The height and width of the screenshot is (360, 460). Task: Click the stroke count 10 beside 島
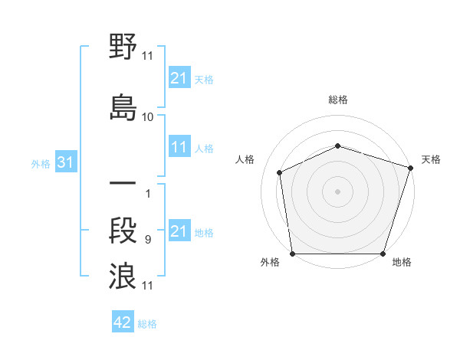coord(148,117)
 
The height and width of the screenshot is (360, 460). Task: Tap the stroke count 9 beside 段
coord(148,240)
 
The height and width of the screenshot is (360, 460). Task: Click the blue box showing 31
coord(65,163)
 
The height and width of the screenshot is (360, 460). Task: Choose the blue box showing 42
coord(122,322)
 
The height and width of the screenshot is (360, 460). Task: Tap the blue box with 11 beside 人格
coord(179,148)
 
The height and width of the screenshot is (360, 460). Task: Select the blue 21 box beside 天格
coord(179,78)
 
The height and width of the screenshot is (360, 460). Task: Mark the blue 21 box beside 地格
coord(179,231)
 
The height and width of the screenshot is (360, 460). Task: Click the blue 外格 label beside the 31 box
coord(41,164)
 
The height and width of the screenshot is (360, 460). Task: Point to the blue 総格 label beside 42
coord(147,324)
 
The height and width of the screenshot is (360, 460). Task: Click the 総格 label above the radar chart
coord(337,100)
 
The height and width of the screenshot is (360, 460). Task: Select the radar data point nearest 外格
coord(292,254)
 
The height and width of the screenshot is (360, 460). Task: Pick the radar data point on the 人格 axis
coord(280,172)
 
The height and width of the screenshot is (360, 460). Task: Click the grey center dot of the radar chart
coord(337,191)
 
